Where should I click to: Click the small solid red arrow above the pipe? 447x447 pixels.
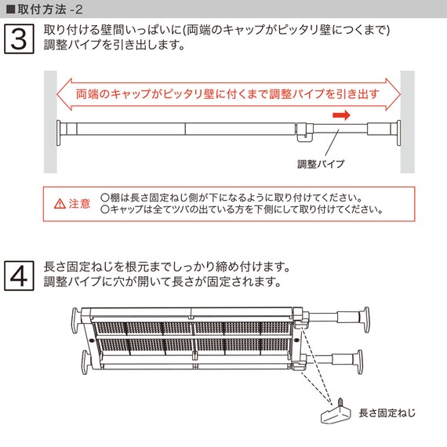[340, 115]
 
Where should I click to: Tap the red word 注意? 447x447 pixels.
[79, 205]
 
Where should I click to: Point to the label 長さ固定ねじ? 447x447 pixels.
[387, 412]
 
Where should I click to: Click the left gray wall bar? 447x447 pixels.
[50, 122]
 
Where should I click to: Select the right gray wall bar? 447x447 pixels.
[407, 122]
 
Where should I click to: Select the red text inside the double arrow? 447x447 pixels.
[227, 94]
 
